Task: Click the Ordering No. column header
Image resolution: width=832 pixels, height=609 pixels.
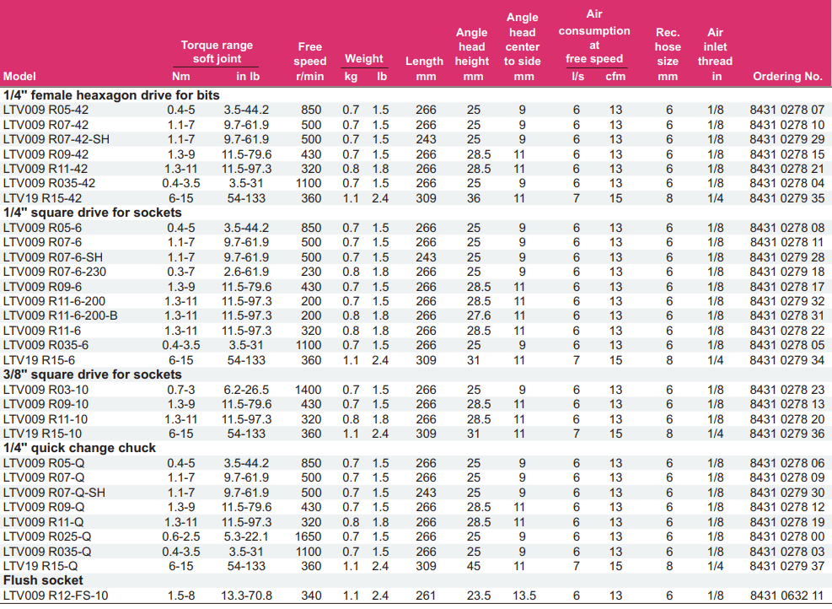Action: [786, 76]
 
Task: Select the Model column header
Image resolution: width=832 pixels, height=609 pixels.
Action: [19, 76]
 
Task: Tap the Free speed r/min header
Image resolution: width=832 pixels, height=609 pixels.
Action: [310, 62]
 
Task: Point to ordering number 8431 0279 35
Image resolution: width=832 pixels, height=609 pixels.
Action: [786, 198]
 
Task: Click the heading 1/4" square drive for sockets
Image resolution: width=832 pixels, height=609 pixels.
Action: [92, 213]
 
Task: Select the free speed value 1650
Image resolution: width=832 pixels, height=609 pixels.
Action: [310, 536]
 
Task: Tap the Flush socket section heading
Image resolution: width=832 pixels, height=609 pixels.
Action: [43, 580]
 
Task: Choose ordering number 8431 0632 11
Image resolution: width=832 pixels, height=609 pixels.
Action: [786, 596]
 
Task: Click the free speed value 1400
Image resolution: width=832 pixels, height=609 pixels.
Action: [310, 390]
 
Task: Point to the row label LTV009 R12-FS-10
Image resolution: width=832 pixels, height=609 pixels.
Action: [56, 596]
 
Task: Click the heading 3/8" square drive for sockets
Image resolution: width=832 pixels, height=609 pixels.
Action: [92, 375]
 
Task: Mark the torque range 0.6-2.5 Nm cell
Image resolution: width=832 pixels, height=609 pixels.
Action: [181, 536]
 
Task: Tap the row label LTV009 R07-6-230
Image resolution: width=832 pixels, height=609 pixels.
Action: [56, 272]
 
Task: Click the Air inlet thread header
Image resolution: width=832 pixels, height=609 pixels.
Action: [715, 54]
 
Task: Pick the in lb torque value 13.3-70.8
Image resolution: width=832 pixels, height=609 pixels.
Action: [246, 596]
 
